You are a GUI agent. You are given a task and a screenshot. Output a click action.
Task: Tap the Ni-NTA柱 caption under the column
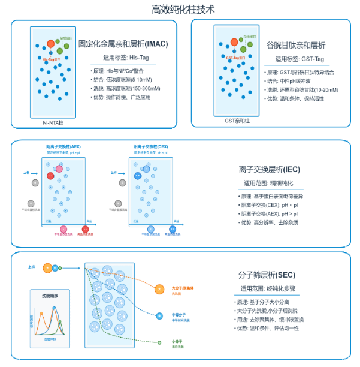53,122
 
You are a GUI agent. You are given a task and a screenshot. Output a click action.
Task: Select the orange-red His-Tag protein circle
51,44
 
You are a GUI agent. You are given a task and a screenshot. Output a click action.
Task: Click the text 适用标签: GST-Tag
300,59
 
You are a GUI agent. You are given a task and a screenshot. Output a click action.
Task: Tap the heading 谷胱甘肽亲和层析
296,45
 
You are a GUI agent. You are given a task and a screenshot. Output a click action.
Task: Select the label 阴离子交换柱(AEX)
63,146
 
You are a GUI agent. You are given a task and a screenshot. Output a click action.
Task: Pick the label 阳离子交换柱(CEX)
150,146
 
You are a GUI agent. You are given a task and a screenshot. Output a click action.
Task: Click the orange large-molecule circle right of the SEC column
159,290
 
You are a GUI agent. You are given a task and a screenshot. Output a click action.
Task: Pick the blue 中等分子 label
179,314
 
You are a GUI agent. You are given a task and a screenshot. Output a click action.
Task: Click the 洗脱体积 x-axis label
53,339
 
